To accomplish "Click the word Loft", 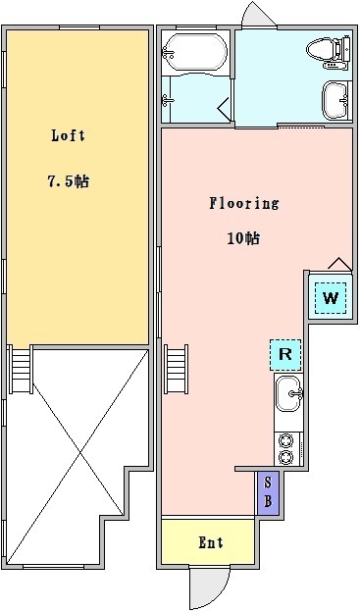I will tap(63, 137).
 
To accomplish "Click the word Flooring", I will tap(243, 204).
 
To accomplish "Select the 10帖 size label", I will tap(244, 238).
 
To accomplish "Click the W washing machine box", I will tap(331, 297).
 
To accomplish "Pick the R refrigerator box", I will tap(285, 354).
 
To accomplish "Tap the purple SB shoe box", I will tap(267, 491).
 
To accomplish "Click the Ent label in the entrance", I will tap(211, 542).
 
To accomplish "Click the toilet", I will tap(326, 49).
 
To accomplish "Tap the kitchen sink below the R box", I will tap(289, 395).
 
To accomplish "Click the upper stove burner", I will tap(286, 441).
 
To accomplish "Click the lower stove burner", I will tap(286, 456).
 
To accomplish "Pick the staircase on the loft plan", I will tap(21, 371).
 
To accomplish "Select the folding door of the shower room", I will tap(226, 109).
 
